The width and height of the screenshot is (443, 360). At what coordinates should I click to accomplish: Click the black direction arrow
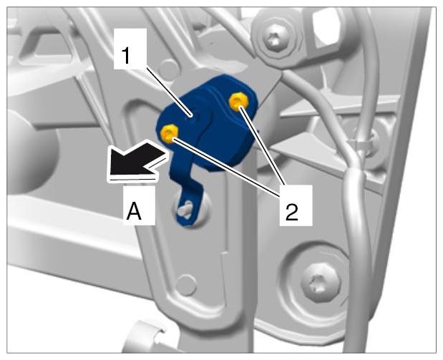pos(136,160)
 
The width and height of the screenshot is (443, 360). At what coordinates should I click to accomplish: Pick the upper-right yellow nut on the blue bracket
pos(239,102)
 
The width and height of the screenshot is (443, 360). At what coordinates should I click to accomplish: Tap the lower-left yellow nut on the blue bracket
pos(170,132)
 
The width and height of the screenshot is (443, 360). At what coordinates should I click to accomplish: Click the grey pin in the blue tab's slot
pos(184,209)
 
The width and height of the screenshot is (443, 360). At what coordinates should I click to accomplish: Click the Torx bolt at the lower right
pos(321,283)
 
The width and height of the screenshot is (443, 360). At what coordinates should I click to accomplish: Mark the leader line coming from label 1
pos(167,92)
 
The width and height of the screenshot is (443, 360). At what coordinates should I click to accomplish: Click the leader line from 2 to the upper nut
pos(262,146)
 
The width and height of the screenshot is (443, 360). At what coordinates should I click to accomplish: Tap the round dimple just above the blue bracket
pos(169,69)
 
